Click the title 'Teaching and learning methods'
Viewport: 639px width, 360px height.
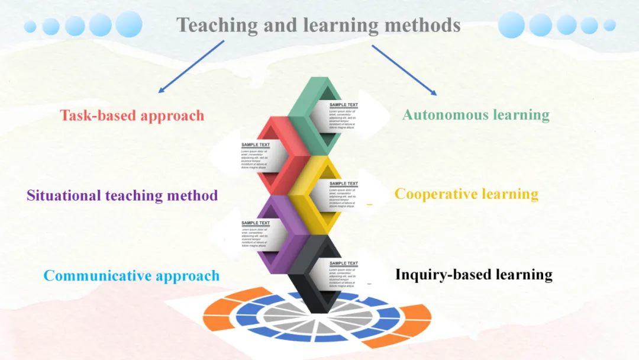[318, 25]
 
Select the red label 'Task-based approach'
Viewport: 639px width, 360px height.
[132, 115]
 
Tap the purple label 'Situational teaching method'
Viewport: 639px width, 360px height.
[122, 195]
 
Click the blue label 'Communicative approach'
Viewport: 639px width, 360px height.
[131, 275]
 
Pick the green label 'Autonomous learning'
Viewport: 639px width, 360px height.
[476, 114]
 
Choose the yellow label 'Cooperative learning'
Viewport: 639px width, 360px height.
[466, 194]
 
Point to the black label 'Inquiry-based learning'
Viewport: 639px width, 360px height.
[473, 274]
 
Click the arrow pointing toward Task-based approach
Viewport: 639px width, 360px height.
[191, 66]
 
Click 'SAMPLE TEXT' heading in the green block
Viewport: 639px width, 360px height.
[344, 105]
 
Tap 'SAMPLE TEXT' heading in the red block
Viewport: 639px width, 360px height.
[256, 144]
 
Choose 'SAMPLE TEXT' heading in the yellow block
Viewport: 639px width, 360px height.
[344, 184]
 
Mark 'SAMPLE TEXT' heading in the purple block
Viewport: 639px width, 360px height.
[256, 223]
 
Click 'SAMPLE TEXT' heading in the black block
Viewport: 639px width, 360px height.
[344, 263]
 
